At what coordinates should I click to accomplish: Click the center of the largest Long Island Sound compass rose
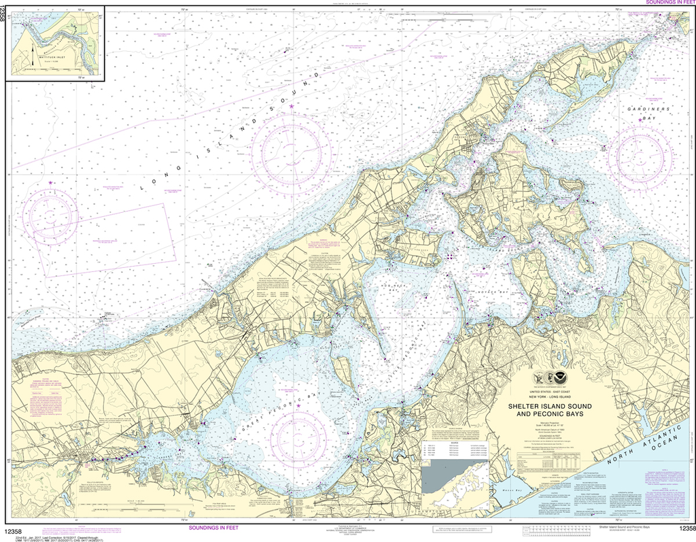click(291, 145)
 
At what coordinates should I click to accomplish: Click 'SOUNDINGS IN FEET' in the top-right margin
click(666, 3)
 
